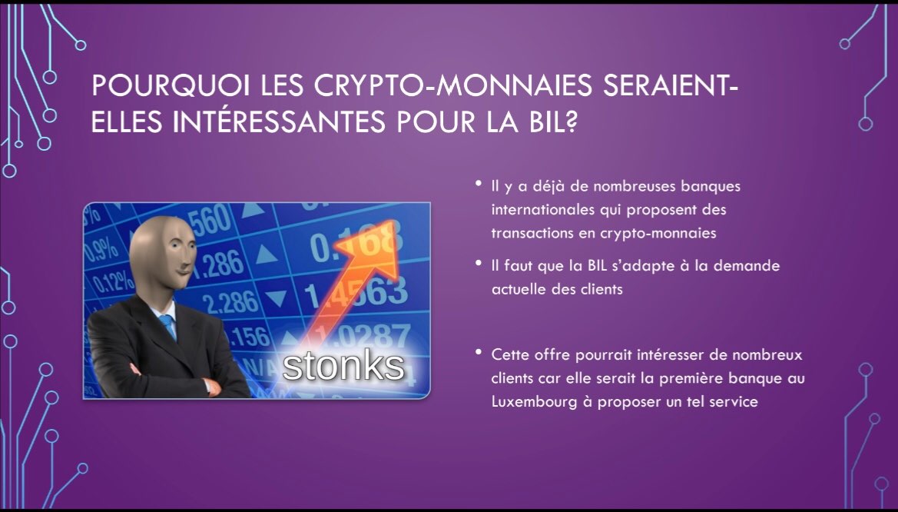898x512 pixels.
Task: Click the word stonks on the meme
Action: tap(343, 365)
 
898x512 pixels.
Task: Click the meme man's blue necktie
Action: tap(167, 326)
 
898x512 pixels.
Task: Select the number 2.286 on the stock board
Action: tap(230, 302)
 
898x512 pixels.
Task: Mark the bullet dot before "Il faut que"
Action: tap(479, 263)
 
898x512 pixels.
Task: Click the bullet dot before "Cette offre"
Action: tap(479, 351)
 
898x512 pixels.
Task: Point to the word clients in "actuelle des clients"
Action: tap(601, 289)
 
